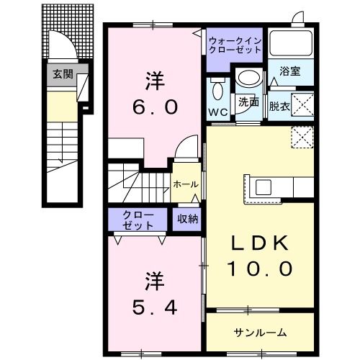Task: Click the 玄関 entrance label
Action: click(x=63, y=74)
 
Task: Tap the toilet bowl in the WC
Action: click(x=217, y=91)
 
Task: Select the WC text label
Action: click(x=218, y=112)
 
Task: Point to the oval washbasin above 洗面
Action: click(x=248, y=78)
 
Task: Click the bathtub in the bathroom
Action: click(x=291, y=43)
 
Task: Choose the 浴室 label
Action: click(x=290, y=71)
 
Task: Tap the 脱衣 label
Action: click(x=279, y=107)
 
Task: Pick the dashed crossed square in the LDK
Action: click(x=302, y=137)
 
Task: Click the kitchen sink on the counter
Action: click(x=264, y=187)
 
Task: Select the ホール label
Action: click(x=186, y=184)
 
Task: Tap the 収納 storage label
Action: click(x=188, y=219)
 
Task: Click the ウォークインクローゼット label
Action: click(x=235, y=45)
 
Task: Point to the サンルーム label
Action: click(x=260, y=333)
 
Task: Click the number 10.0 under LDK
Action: click(x=260, y=269)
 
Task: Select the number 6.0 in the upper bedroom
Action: click(x=156, y=107)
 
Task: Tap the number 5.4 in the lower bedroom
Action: click(x=155, y=307)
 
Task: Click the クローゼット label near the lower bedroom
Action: click(x=138, y=220)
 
